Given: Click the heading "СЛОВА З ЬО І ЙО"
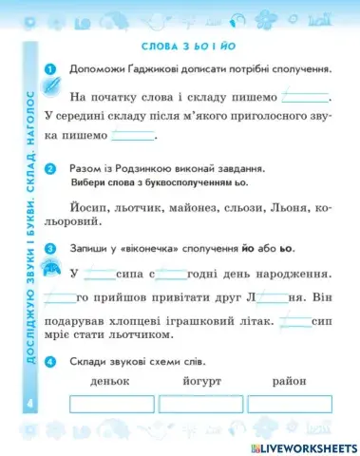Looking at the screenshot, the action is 186,47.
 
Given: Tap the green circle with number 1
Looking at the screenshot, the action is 50,68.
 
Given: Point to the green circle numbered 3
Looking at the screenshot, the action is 50,249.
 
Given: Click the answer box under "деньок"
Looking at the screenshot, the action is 114,404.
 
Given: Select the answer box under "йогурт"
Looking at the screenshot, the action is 200,404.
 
